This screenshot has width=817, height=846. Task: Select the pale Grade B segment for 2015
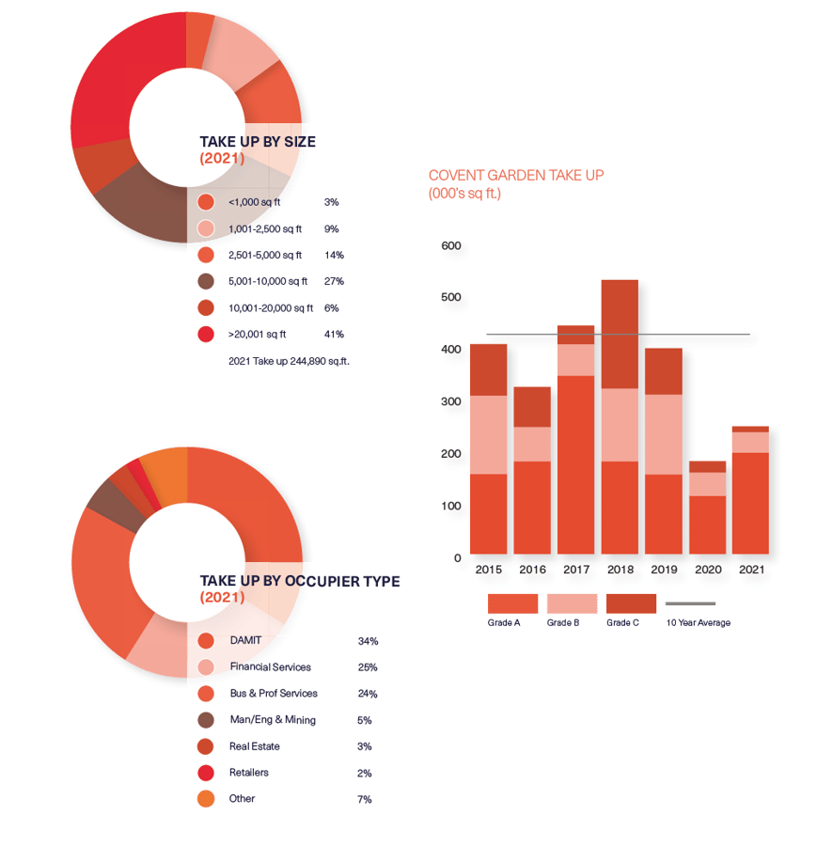coord(489,434)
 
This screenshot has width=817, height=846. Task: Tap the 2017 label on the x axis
coord(576,570)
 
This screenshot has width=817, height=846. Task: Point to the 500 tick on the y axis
coord(451,298)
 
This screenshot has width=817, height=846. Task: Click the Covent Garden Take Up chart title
coord(515,176)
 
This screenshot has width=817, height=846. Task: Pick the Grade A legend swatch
coord(512,603)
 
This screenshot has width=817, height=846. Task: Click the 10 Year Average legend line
coord(690,603)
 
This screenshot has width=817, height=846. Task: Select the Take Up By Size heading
coord(258,142)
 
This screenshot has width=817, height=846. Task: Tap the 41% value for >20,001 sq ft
coord(334,334)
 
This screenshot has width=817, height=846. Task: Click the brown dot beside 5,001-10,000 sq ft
coord(207,281)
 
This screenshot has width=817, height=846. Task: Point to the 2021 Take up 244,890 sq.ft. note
coord(290,360)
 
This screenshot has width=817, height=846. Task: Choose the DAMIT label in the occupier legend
coord(245,640)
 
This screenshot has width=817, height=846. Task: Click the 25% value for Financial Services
coord(368,667)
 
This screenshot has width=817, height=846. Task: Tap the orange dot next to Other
coord(207,799)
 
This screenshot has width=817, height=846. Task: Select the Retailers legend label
coord(249,773)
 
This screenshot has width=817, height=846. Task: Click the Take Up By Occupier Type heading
coord(299,582)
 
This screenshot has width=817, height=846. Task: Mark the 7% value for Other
coord(365,799)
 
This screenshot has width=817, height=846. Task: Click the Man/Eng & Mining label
coord(273,720)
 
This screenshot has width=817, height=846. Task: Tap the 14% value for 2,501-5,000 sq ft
coord(334,255)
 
